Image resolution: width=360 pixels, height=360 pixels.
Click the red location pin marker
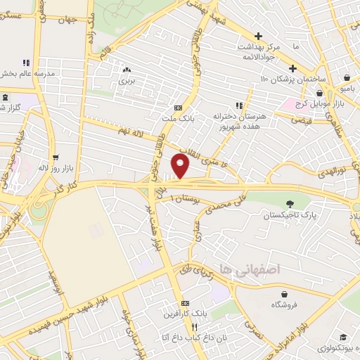click(181, 166)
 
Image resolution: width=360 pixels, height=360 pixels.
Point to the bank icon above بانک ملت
click(178, 108)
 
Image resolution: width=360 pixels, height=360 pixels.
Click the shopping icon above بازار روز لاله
click(55, 157)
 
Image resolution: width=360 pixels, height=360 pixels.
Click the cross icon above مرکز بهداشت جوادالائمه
click(258, 36)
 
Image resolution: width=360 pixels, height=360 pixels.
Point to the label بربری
click(127, 81)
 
